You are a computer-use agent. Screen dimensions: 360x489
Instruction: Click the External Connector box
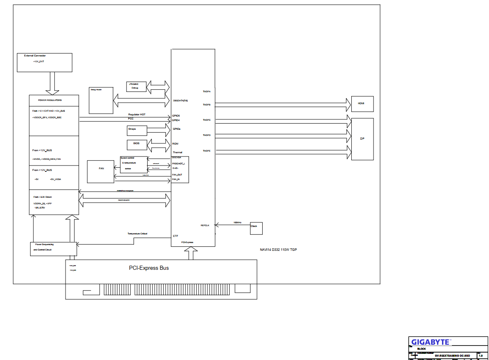pos(45,62)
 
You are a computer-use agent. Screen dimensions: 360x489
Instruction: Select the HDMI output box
pos(362,104)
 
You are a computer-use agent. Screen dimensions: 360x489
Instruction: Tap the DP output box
pos(362,139)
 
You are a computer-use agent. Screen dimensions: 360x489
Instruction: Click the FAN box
pos(101,171)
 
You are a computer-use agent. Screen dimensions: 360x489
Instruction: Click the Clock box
pos(256,228)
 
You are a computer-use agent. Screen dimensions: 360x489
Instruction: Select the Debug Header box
pos(101,100)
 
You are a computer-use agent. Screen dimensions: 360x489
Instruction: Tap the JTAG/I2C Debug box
pos(136,86)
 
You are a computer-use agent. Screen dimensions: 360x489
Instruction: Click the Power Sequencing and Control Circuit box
pos(53,249)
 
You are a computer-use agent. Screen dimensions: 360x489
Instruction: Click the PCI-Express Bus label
pos(149,268)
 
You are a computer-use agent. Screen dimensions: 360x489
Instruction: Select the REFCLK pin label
pos(205,225)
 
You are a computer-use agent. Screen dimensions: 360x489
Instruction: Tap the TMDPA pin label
pos(207,91)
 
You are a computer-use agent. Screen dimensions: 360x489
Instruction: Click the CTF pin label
pos(176,236)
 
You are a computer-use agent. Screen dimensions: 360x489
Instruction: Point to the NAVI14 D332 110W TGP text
pos(278,250)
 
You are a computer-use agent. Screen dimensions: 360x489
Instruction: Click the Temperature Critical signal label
pos(137,234)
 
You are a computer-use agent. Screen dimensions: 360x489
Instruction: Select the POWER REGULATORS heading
pos(50,100)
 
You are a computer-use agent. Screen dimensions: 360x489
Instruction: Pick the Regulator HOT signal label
pos(137,115)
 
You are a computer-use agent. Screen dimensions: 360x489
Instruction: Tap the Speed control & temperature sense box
pos(133,164)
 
